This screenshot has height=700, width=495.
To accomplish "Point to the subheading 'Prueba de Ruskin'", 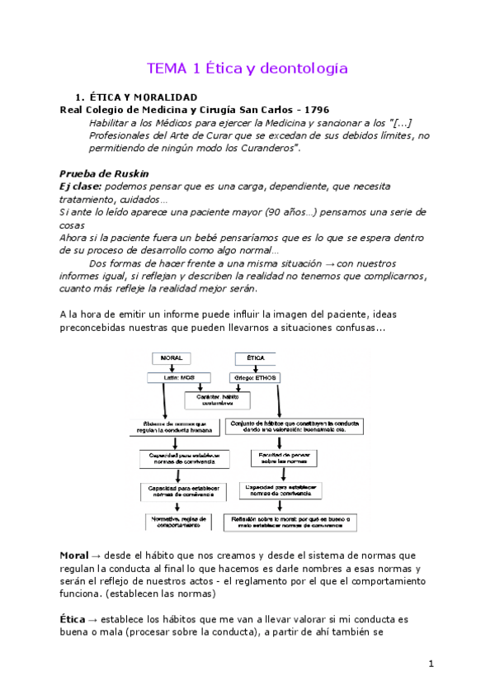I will [104, 173].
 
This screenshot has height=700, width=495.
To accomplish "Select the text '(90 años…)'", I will [285, 212].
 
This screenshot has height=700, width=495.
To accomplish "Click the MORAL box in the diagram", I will [171, 359].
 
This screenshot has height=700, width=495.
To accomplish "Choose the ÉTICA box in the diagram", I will [255, 359].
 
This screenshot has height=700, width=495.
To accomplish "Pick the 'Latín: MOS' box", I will [169, 377].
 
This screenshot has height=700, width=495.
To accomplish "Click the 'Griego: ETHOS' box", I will [256, 377].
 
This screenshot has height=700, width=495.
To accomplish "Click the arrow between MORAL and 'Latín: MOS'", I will [170, 368].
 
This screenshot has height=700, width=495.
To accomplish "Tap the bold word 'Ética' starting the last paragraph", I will [73, 618].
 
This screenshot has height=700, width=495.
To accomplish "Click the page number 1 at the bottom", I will [431, 663].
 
